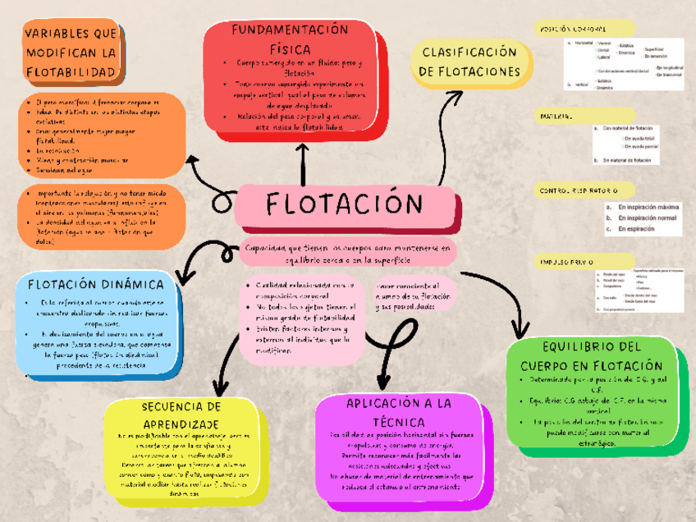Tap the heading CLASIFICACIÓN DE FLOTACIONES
(469, 62)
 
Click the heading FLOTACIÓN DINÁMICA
(95, 286)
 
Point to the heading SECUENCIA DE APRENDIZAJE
(181, 414)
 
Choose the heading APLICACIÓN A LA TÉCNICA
(399, 412)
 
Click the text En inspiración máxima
(648, 208)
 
